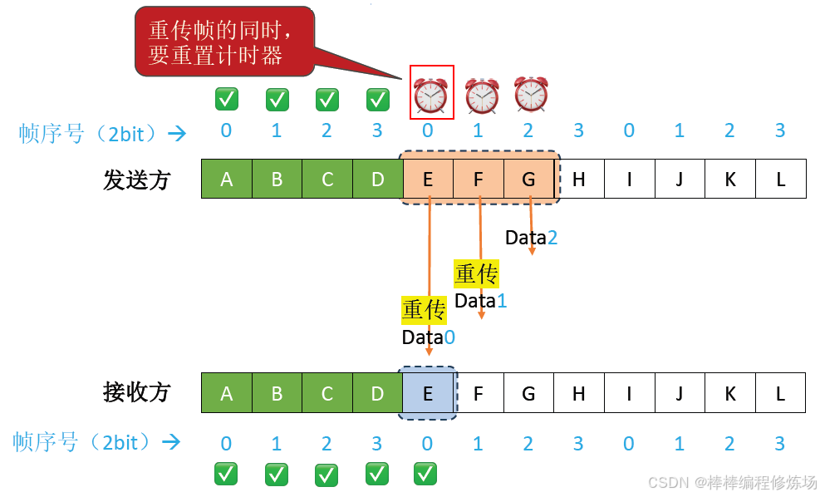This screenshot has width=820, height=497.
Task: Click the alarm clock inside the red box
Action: (x=431, y=95)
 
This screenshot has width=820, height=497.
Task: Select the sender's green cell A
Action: (x=227, y=180)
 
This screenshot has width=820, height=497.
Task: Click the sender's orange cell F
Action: (x=479, y=180)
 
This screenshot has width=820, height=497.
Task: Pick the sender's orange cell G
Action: (x=528, y=180)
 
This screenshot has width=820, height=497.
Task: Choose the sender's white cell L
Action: (x=781, y=180)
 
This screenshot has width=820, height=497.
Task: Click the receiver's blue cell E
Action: (x=428, y=393)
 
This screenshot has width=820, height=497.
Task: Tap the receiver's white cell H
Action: (x=579, y=393)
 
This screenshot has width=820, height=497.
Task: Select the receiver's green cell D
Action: (x=377, y=393)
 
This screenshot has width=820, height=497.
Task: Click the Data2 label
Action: (x=531, y=239)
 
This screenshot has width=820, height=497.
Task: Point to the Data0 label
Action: (x=428, y=337)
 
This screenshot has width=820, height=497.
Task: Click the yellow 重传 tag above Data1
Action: (x=477, y=274)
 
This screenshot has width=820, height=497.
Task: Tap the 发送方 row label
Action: (x=137, y=180)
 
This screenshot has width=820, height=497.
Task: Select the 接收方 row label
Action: (x=137, y=392)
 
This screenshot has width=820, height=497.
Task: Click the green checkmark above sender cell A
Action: (x=227, y=100)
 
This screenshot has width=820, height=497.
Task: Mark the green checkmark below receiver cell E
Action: (x=426, y=475)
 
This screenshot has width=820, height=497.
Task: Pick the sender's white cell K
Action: (x=730, y=180)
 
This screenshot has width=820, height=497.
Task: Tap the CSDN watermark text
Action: (x=732, y=483)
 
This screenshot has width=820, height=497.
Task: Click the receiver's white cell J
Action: (x=680, y=393)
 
